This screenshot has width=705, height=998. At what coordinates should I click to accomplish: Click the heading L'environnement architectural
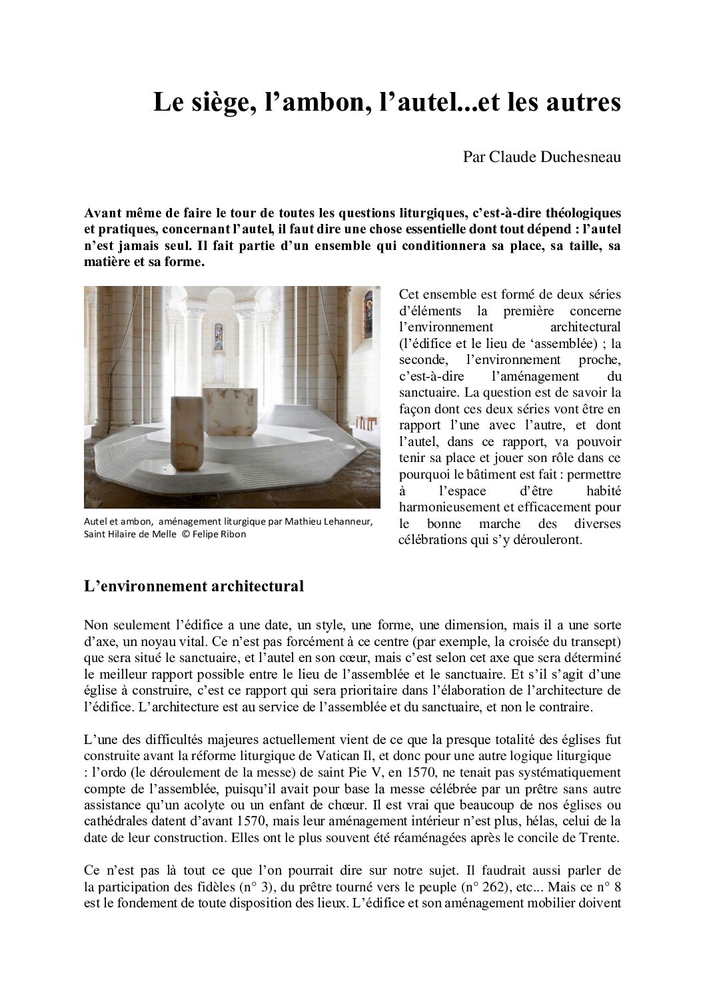point(194,587)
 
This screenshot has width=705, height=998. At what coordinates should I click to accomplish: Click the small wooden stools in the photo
point(363,423)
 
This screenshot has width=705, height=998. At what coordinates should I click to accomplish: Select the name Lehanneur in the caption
point(343,521)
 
